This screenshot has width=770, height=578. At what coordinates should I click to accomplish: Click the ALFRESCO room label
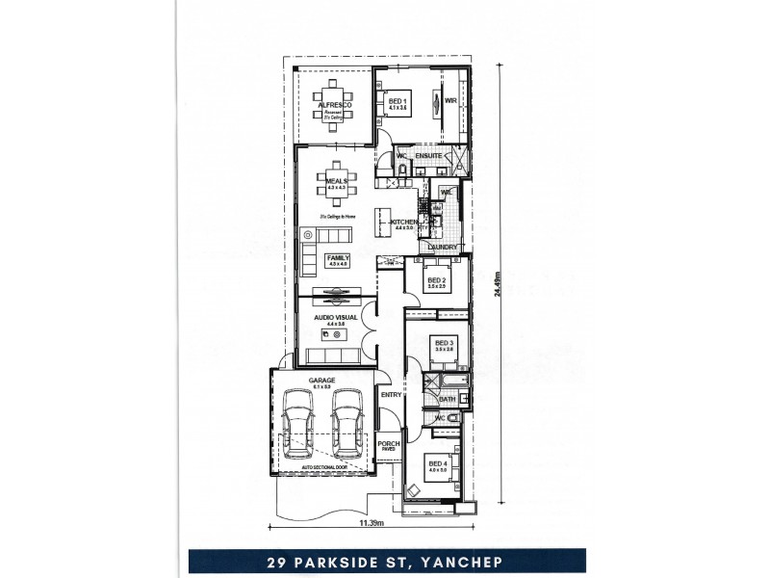331,104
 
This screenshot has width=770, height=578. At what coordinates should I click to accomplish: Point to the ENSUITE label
428,155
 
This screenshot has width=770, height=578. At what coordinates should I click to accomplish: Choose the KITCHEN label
404,223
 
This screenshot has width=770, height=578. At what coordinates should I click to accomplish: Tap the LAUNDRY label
444,248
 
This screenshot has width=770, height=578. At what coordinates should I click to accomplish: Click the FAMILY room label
338,258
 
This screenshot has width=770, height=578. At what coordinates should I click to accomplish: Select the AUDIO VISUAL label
336,317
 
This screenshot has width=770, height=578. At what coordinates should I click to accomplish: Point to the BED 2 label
436,280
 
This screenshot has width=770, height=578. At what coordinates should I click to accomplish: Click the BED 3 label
444,342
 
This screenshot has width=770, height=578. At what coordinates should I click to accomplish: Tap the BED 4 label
438,463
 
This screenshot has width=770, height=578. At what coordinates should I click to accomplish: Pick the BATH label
448,399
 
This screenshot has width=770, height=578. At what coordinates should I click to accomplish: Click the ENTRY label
391,395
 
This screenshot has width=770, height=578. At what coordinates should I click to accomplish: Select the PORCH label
389,443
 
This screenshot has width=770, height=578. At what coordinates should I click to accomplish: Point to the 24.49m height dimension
500,285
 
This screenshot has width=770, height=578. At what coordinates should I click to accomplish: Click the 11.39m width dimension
372,524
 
